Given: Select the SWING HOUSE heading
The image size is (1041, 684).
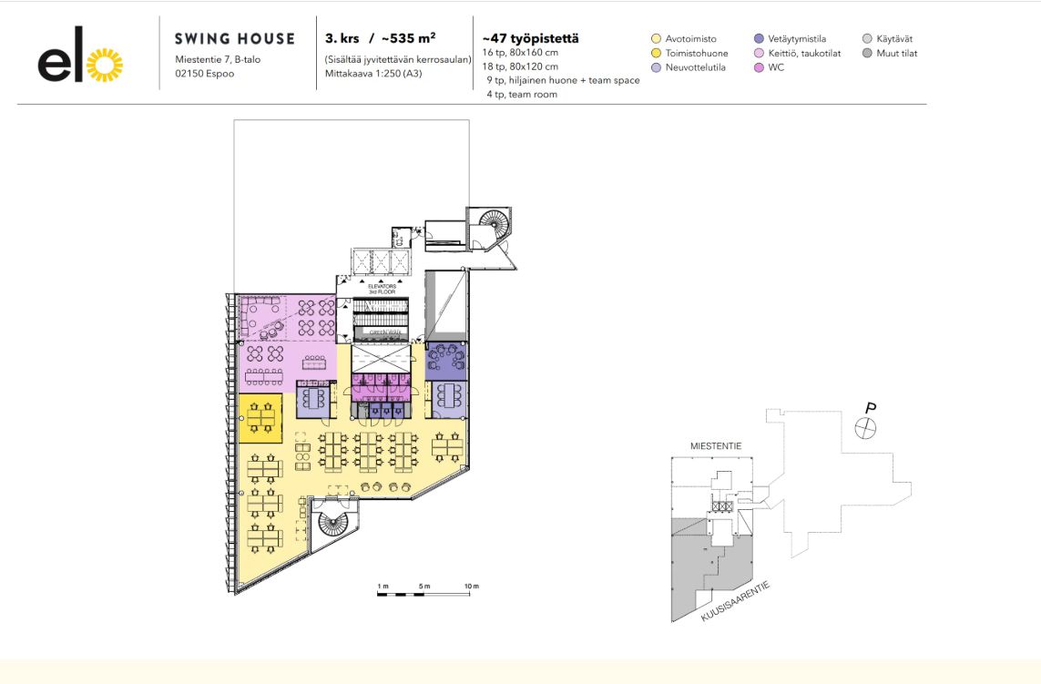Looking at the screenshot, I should point(234,39).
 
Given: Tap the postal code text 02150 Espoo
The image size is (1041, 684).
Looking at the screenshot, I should point(205,73).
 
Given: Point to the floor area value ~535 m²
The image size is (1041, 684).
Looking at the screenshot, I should point(408,39).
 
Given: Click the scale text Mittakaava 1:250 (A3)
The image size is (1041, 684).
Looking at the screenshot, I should point(373,73).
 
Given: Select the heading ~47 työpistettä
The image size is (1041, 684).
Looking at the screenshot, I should point(530,39).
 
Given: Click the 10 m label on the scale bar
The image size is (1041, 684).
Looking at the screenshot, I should point(471,584).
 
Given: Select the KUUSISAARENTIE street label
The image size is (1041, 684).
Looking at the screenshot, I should point(736,603).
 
